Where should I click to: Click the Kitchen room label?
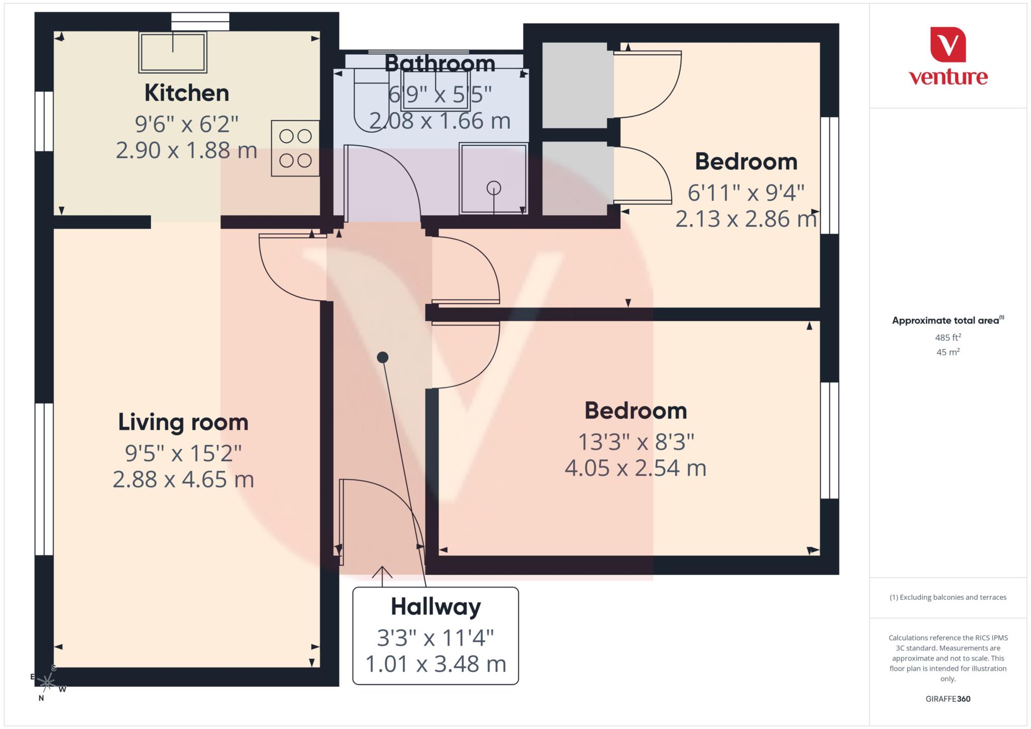click(x=187, y=93)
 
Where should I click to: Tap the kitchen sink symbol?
click(x=173, y=52)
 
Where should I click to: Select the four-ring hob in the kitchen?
click(x=295, y=148)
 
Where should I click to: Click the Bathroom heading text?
click(x=439, y=63)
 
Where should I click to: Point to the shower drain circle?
click(x=494, y=188)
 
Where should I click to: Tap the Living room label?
click(x=183, y=422)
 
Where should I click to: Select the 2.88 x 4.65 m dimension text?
click(x=183, y=479)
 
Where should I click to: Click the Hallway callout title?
click(x=435, y=606)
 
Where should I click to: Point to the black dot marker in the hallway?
click(x=383, y=357)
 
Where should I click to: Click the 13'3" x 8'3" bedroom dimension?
click(x=636, y=442)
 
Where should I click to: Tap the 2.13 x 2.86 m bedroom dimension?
click(x=746, y=219)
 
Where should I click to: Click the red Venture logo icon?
click(x=948, y=45)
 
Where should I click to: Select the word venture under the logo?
click(x=948, y=77)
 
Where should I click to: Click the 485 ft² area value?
click(x=948, y=337)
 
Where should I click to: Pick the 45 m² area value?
click(x=948, y=352)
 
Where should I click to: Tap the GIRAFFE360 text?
click(x=948, y=699)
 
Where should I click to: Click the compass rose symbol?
click(x=48, y=683)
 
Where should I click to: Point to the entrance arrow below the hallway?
click(x=382, y=576)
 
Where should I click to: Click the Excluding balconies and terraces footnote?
click(x=948, y=597)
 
